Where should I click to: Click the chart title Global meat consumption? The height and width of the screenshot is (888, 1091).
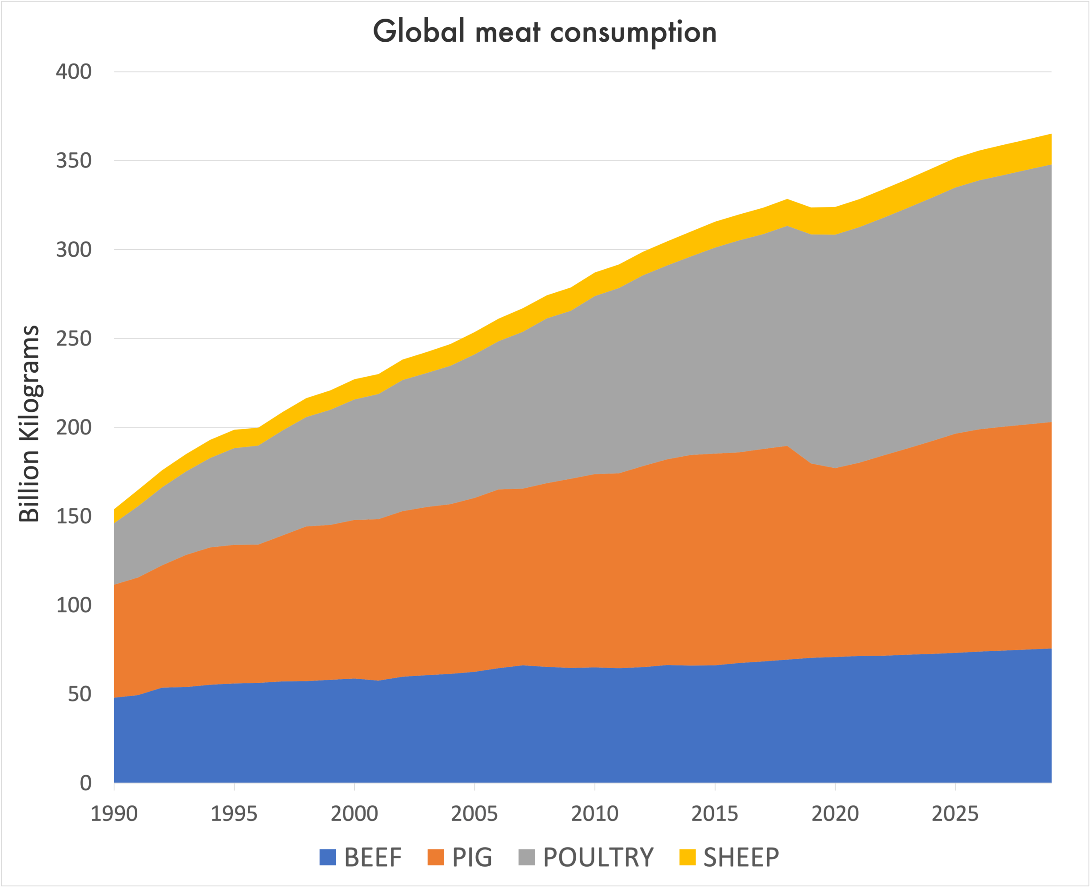click(545, 32)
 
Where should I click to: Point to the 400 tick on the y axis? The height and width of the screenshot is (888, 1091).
click(74, 72)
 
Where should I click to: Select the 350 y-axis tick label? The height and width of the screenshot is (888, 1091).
click(74, 161)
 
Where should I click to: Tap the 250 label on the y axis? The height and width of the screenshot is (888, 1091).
click(74, 338)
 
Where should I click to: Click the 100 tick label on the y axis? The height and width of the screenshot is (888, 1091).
click(74, 605)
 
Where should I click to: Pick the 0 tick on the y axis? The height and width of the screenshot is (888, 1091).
click(85, 783)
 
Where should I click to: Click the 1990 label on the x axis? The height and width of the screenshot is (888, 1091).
click(114, 813)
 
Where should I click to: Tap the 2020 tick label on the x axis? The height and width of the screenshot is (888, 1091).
click(835, 813)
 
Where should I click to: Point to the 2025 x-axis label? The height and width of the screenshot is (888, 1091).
click(955, 813)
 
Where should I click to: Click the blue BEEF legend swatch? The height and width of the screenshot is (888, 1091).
click(328, 857)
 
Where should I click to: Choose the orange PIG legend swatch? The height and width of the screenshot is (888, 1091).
click(435, 857)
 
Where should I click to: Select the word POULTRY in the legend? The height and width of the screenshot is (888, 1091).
click(598, 857)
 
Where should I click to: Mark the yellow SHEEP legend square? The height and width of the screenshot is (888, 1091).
click(688, 857)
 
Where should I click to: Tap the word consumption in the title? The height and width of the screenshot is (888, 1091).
click(633, 32)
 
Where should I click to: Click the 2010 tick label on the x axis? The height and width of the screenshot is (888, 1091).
click(594, 813)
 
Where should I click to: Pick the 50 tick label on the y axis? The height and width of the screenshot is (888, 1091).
click(79, 694)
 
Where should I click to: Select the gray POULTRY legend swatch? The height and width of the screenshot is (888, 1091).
click(526, 857)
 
